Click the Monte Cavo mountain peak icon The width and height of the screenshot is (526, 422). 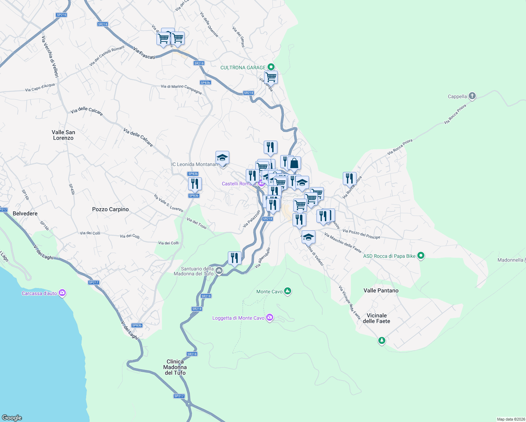pyautogui.click(x=288, y=291)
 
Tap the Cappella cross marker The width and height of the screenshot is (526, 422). pyautogui.click(x=472, y=96)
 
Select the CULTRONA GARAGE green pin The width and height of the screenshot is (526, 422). pyautogui.click(x=271, y=67)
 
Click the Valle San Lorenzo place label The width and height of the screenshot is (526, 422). pyautogui.click(x=63, y=135)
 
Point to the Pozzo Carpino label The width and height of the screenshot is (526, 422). pyautogui.click(x=110, y=209)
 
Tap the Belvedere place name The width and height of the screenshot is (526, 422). pyautogui.click(x=25, y=213)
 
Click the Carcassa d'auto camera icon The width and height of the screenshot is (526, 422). pyautogui.click(x=62, y=293)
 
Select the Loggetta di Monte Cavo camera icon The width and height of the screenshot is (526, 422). pyautogui.click(x=270, y=318)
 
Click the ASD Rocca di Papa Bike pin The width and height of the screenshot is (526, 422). pyautogui.click(x=421, y=256)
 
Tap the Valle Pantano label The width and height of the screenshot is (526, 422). pyautogui.click(x=381, y=290)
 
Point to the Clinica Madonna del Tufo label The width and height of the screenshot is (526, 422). pyautogui.click(x=175, y=367)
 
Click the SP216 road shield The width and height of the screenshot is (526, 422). pyautogui.click(x=62, y=15)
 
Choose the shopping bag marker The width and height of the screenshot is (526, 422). pyautogui.click(x=294, y=164)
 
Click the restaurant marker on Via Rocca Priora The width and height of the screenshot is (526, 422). pyautogui.click(x=349, y=179)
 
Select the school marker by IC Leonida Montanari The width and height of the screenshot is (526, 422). pyautogui.click(x=222, y=158)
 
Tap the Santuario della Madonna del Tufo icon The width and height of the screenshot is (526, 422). pyautogui.click(x=219, y=270)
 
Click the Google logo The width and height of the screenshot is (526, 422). pyautogui.click(x=12, y=417)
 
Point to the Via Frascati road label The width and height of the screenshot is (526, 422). pyautogui.click(x=144, y=53)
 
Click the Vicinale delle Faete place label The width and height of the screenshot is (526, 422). pyautogui.click(x=377, y=318)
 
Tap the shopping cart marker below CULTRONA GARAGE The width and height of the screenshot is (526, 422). pyautogui.click(x=271, y=77)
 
